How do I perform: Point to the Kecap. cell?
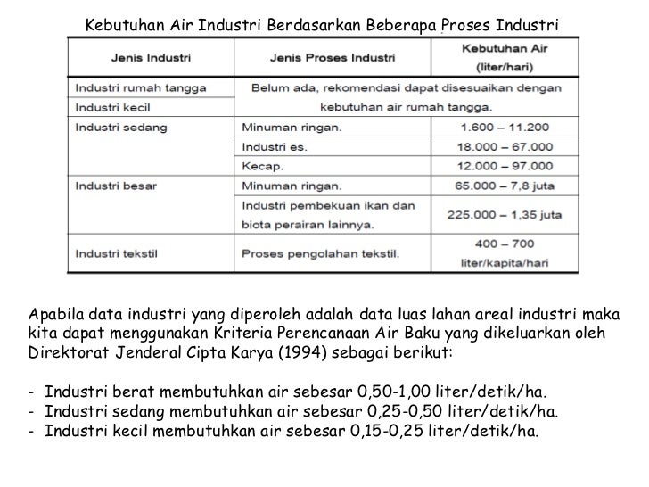[262, 167]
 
